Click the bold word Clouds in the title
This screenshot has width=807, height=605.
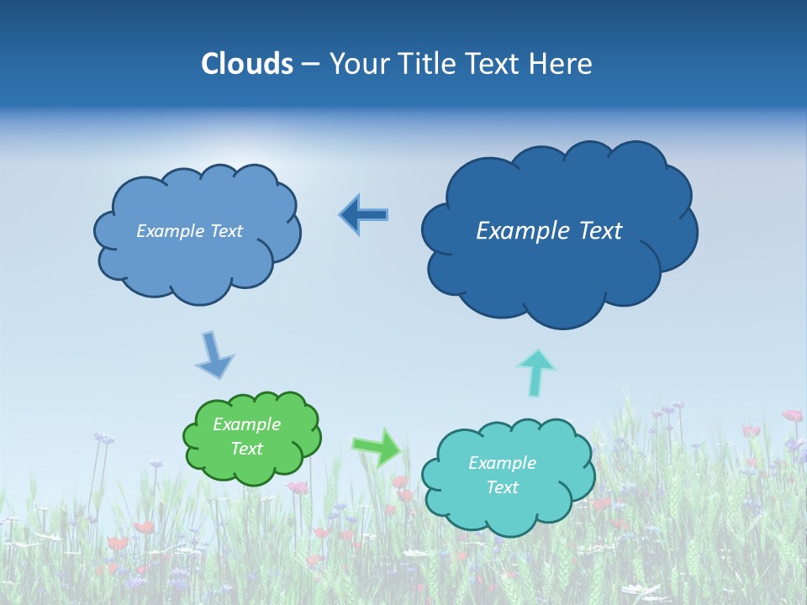246,64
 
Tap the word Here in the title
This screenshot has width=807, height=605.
562,64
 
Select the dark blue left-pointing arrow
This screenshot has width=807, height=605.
363,214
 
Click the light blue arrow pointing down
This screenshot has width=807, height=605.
214,355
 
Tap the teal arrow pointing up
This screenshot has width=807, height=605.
536,372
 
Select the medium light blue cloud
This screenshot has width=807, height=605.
198,260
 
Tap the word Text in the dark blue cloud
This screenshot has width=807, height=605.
601,231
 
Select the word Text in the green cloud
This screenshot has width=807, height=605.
247,449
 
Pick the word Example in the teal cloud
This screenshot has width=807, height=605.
502,463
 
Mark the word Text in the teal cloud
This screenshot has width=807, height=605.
502,487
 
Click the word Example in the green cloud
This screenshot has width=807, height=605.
247,424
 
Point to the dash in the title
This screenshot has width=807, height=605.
309,65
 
